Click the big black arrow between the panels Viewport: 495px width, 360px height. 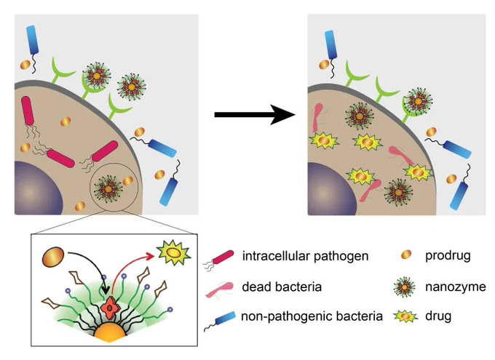tap(255, 114)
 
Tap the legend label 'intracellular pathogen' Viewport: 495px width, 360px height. tap(305, 256)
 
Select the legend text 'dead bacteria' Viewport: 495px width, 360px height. tap(282, 287)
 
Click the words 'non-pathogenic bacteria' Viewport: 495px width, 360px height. tap(312, 316)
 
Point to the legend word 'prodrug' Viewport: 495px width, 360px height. tap(448, 256)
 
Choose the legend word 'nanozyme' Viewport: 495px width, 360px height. tap(456, 287)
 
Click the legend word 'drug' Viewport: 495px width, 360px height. tap(438, 316)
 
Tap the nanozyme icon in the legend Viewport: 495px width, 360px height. tap(405, 287)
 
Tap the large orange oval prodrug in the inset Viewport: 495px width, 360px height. tap(53, 257)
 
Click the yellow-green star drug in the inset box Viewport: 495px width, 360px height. tap(174, 252)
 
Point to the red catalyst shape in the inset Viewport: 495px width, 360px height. tap(109, 308)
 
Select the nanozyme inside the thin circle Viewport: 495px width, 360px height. tap(108, 189)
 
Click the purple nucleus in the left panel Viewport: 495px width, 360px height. tap(37, 188)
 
